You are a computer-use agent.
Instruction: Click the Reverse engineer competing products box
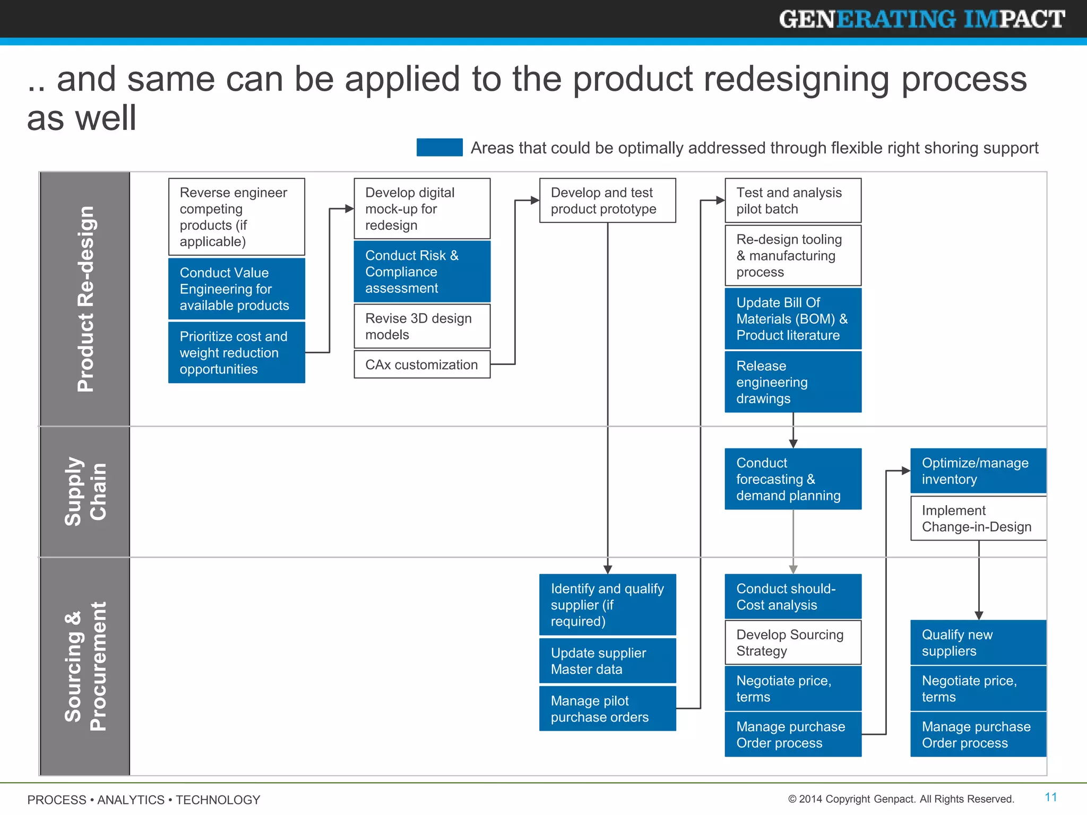236,216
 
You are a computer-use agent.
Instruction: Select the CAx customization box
422,365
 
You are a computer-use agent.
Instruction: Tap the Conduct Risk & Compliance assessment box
422,272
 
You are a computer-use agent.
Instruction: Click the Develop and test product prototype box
607,201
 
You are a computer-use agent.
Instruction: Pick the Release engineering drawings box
793,382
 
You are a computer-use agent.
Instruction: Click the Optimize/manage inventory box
978,471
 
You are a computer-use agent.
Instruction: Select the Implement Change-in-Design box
978,518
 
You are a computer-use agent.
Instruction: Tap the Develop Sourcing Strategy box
793,643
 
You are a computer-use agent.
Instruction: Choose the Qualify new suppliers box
978,643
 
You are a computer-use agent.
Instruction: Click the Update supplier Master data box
607,661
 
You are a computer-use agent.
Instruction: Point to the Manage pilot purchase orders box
607,709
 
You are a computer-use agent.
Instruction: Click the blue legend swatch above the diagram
439,148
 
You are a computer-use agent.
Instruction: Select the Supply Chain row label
85,491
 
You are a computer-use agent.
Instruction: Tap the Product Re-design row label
85,299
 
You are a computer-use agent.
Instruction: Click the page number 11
1050,797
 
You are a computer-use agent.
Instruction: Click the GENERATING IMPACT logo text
921,19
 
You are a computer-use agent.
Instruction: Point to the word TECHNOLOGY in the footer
218,800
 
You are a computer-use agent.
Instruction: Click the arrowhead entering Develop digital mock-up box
349,209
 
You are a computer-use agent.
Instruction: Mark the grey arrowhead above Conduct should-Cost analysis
793,569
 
